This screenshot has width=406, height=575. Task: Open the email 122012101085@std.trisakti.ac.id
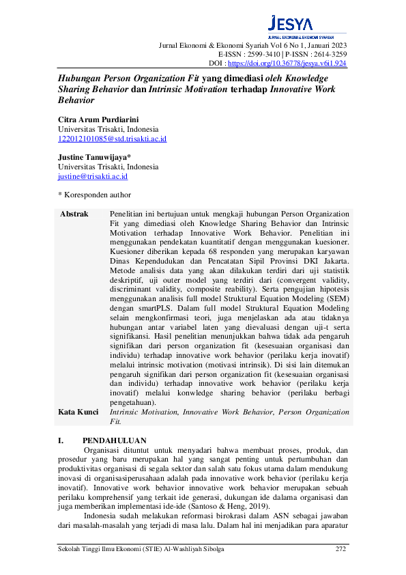coord(112,139)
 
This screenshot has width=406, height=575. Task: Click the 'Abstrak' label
coord(74,214)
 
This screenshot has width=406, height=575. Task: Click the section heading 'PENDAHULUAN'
coord(115,441)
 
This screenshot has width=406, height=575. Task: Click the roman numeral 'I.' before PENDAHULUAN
coord(61,441)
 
